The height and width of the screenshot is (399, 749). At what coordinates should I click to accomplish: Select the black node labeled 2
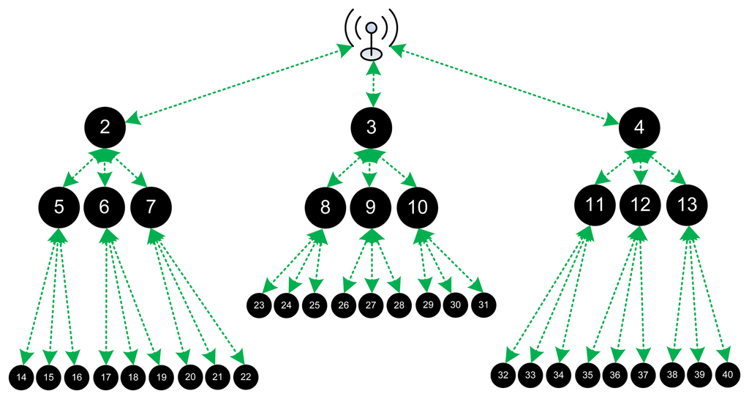coord(105,127)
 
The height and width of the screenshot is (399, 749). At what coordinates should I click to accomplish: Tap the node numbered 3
coord(372,128)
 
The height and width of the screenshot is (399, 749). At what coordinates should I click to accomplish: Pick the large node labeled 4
coord(639,128)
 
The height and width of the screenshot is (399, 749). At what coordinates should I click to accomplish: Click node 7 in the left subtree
coord(151,206)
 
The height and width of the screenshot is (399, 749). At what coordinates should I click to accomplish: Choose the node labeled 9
coord(371,207)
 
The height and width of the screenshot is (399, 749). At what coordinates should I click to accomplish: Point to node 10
coord(418,207)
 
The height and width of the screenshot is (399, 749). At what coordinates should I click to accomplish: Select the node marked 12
coord(640,206)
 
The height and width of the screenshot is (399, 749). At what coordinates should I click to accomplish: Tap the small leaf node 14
coord(22,377)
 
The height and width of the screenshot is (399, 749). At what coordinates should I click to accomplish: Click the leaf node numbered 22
coord(246,377)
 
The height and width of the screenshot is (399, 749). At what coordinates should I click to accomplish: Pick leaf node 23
coord(259,305)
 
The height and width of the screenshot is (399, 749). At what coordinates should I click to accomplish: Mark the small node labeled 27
coord(371,305)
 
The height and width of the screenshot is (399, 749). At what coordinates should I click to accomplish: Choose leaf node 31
coord(483,304)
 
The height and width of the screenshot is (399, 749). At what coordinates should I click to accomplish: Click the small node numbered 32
coord(503,375)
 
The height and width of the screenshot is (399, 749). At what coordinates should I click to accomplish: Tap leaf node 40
coord(728,374)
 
